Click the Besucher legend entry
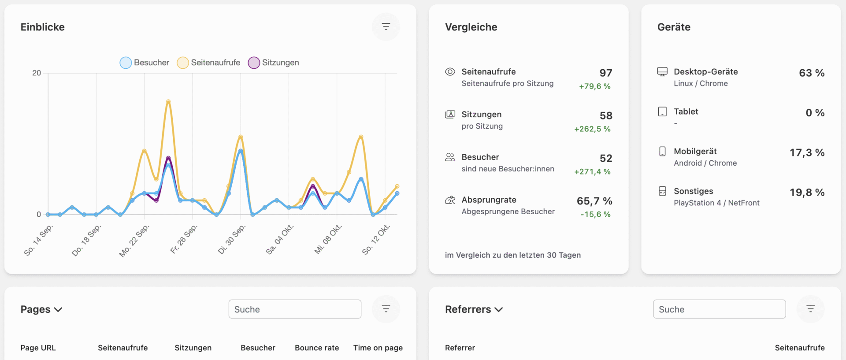[x=145, y=63]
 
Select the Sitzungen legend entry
[x=274, y=63]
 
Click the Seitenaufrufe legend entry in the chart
[x=209, y=63]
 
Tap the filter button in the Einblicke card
[x=386, y=27]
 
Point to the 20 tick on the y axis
[x=37, y=73]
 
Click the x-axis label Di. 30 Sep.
[x=232, y=239]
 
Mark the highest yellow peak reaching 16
[x=168, y=101]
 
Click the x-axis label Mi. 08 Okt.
[x=328, y=239]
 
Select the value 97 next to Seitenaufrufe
[x=605, y=73]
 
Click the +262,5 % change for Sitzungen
[x=592, y=129]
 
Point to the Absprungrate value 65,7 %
[x=594, y=201]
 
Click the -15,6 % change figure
[x=595, y=215]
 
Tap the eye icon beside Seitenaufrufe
[x=450, y=72]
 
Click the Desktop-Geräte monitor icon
[x=662, y=72]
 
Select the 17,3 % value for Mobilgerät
[x=806, y=152]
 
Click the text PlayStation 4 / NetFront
[x=716, y=203]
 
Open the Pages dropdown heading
[x=41, y=309]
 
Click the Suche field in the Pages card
[x=295, y=309]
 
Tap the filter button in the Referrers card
[x=810, y=309]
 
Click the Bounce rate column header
[x=317, y=348]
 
